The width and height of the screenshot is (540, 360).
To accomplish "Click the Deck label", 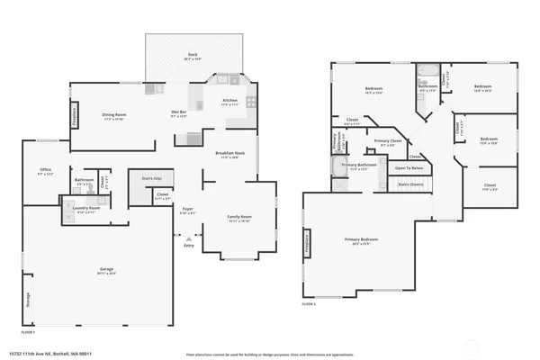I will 193,54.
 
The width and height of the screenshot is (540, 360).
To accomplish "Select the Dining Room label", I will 113,115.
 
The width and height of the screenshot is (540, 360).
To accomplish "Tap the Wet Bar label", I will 179,113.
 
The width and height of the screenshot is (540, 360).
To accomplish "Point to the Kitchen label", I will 229,101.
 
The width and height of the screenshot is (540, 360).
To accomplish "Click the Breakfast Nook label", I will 227,155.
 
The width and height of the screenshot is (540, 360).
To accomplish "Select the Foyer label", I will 187,212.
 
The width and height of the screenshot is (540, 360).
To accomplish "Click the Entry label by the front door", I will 189,244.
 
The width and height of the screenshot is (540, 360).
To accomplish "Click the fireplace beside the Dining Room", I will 75,117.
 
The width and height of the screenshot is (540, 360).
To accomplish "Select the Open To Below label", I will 409,168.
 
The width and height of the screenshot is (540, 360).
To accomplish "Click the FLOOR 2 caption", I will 310,304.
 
